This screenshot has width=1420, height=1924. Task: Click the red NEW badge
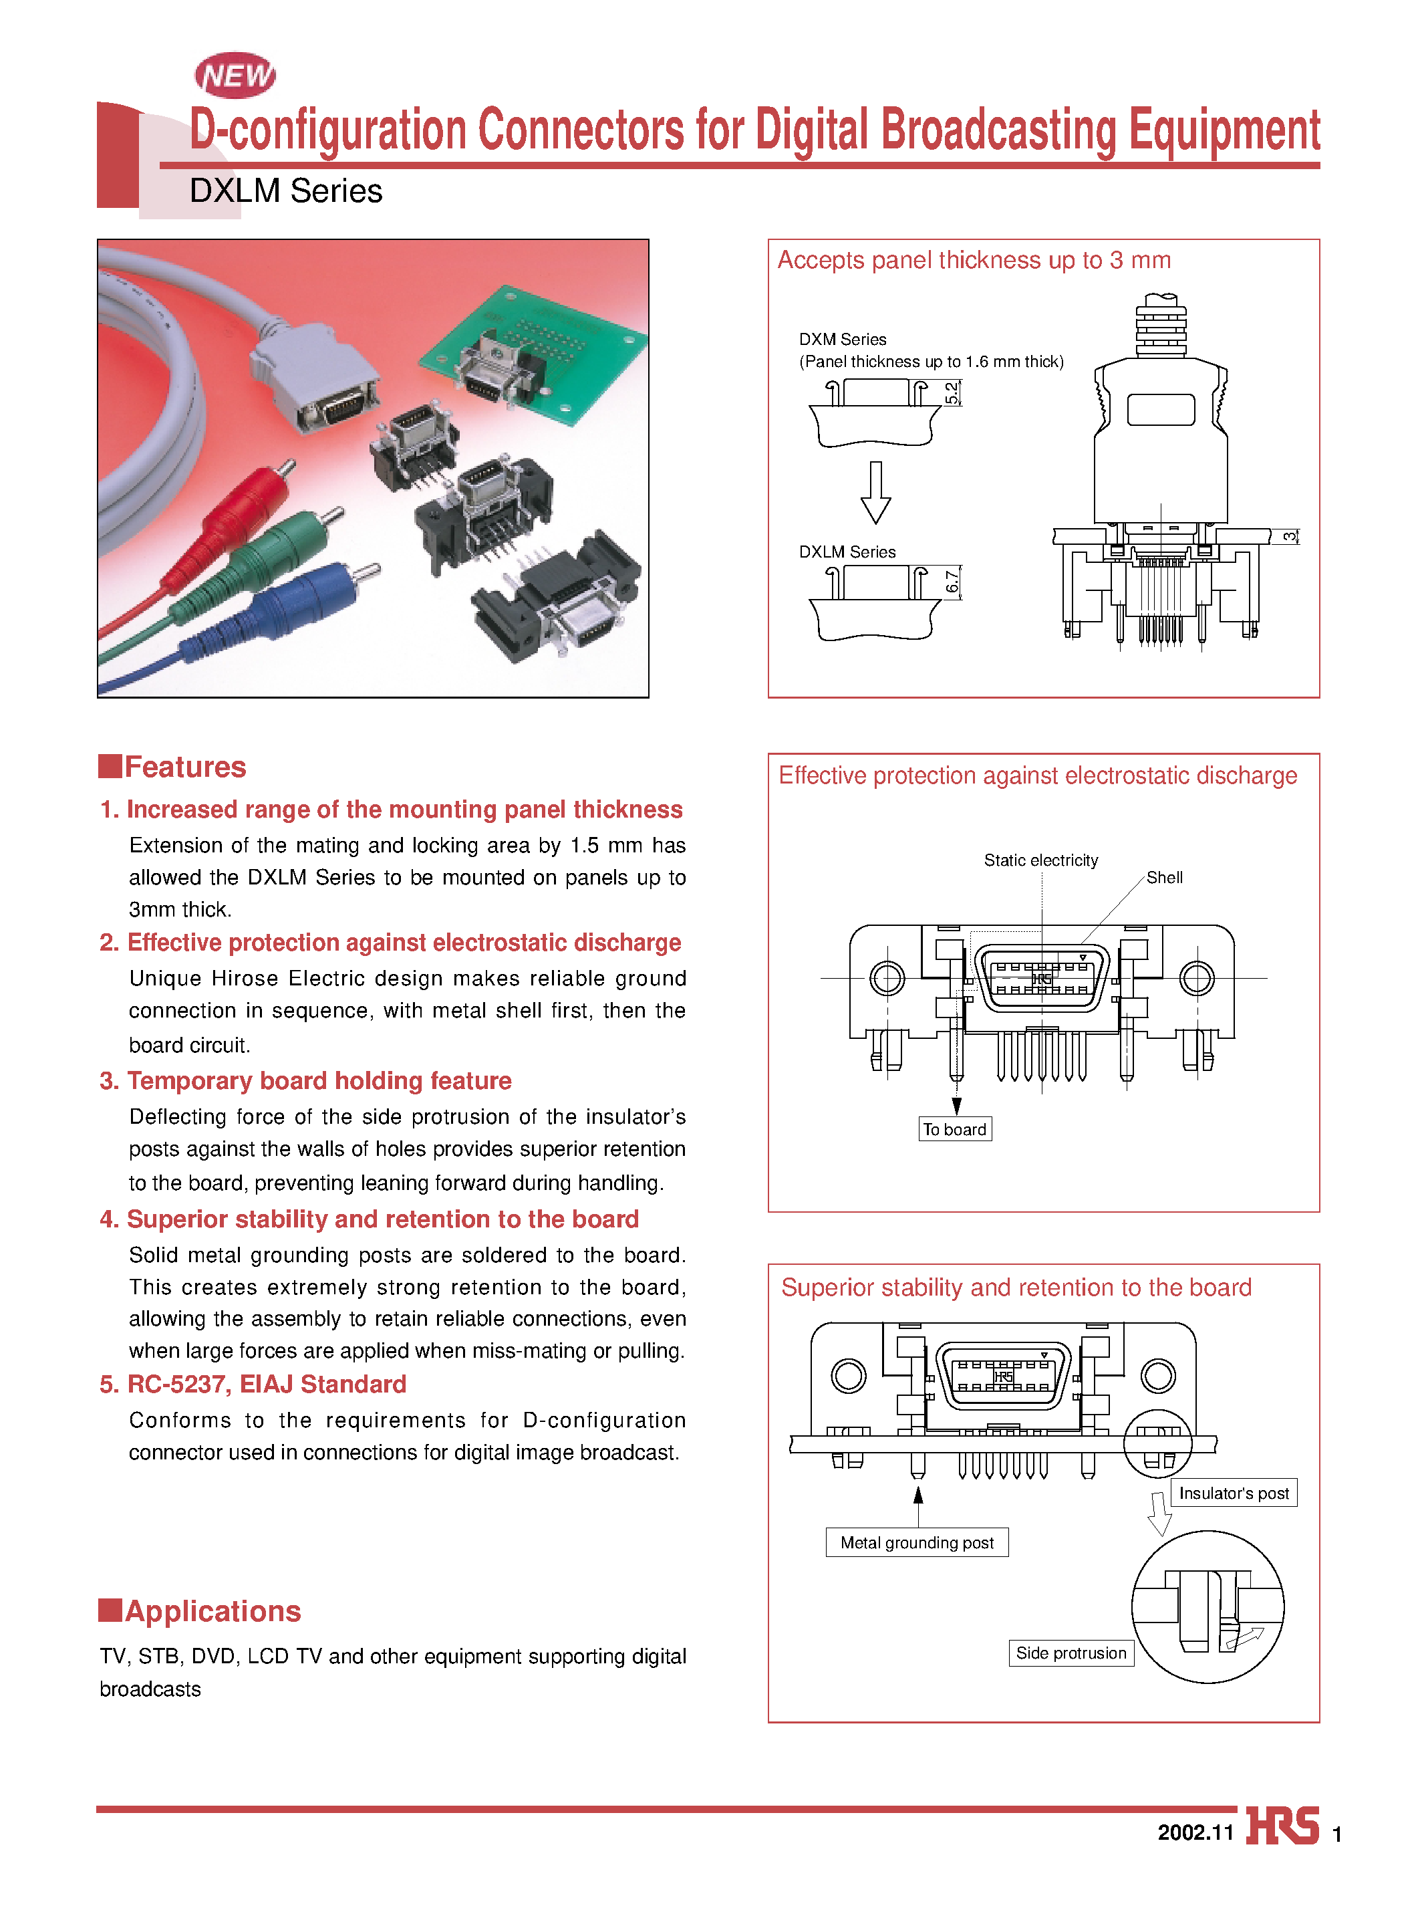click(x=235, y=76)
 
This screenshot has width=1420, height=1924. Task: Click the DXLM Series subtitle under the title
click(x=285, y=191)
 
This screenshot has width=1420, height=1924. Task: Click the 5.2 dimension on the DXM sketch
click(x=952, y=394)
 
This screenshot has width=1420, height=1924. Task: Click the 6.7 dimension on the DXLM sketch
click(x=952, y=582)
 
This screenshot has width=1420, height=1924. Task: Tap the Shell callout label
click(x=1164, y=878)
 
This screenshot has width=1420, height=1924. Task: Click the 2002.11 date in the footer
click(x=1195, y=1832)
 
